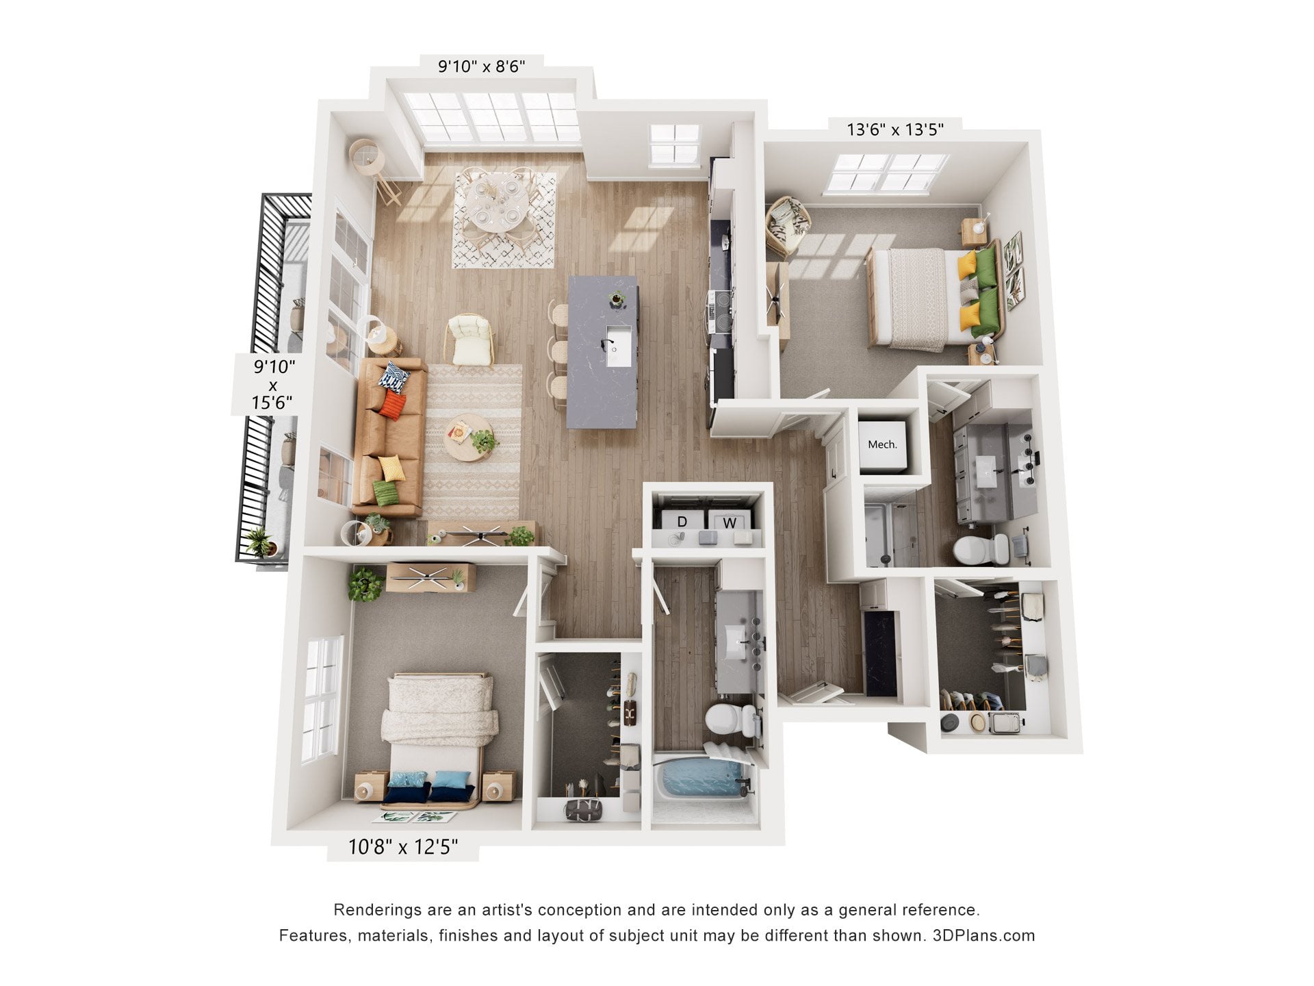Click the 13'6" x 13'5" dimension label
pos(895,129)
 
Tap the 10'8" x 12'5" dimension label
pos(403,847)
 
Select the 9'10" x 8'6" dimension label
pos(482,66)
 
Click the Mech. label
pos(882,444)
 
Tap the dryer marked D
pos(682,522)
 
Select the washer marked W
pos(730,522)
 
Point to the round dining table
pos(498,203)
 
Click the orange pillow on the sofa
pos(392,404)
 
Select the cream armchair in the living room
pos(471,340)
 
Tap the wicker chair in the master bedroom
pos(788,225)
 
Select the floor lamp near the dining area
pos(374,168)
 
